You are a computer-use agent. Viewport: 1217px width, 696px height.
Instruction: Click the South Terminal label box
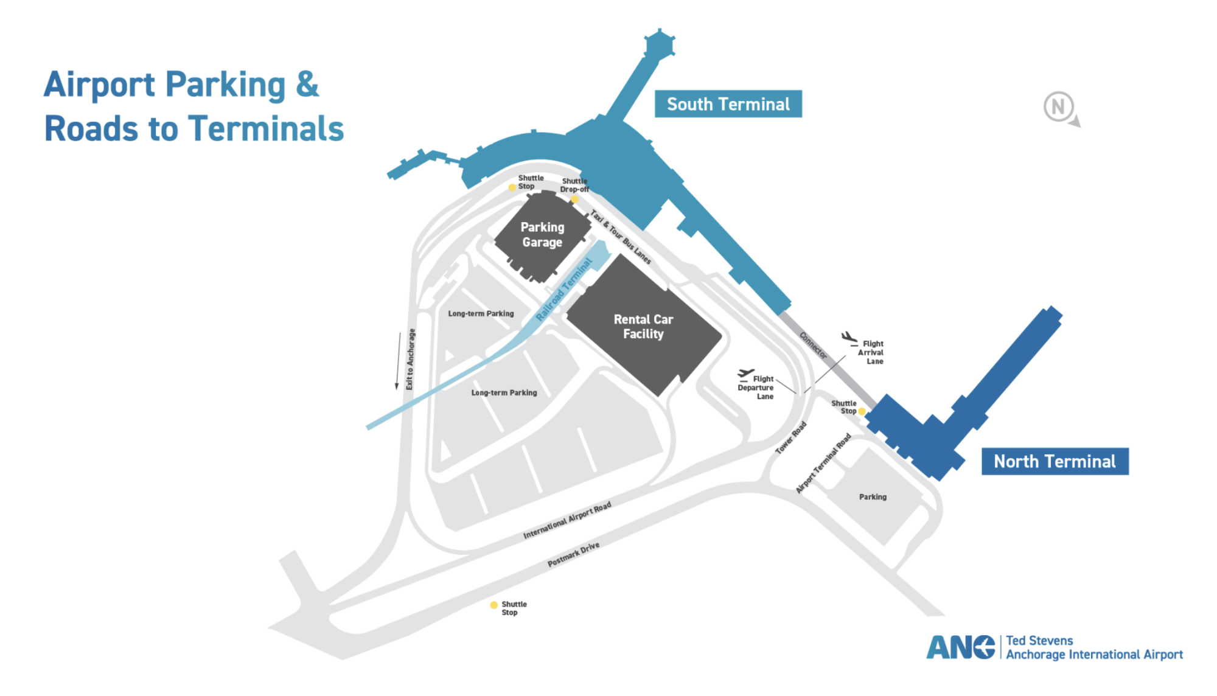pos(728,104)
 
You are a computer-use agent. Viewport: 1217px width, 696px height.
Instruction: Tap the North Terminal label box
pos(1055,461)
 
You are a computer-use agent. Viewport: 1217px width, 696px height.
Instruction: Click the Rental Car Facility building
pos(643,327)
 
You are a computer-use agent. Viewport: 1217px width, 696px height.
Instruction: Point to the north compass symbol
pos(1059,108)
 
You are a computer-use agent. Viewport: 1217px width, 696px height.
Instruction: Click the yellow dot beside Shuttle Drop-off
pos(574,199)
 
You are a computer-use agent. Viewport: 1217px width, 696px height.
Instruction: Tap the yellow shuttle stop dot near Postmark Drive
pos(493,605)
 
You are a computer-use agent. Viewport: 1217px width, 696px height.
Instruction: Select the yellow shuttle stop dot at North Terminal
pos(862,411)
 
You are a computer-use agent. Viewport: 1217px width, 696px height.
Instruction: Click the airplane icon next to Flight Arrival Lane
pos(849,338)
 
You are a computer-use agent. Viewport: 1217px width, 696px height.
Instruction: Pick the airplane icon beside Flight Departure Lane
pos(745,374)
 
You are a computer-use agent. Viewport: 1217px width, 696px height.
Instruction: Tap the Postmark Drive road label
pos(573,554)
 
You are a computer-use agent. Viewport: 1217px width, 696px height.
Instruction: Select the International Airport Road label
pos(567,520)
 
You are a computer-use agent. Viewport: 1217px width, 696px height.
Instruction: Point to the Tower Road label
pos(790,437)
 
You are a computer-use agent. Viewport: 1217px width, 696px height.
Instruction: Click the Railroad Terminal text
pos(564,290)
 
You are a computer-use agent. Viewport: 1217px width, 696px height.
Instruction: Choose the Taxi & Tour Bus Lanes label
pos(621,237)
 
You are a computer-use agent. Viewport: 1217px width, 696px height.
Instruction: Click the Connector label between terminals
pos(813,346)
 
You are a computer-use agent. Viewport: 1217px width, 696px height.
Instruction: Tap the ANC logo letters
pos(960,647)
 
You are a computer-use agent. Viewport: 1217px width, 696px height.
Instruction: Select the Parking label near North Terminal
pos(873,497)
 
